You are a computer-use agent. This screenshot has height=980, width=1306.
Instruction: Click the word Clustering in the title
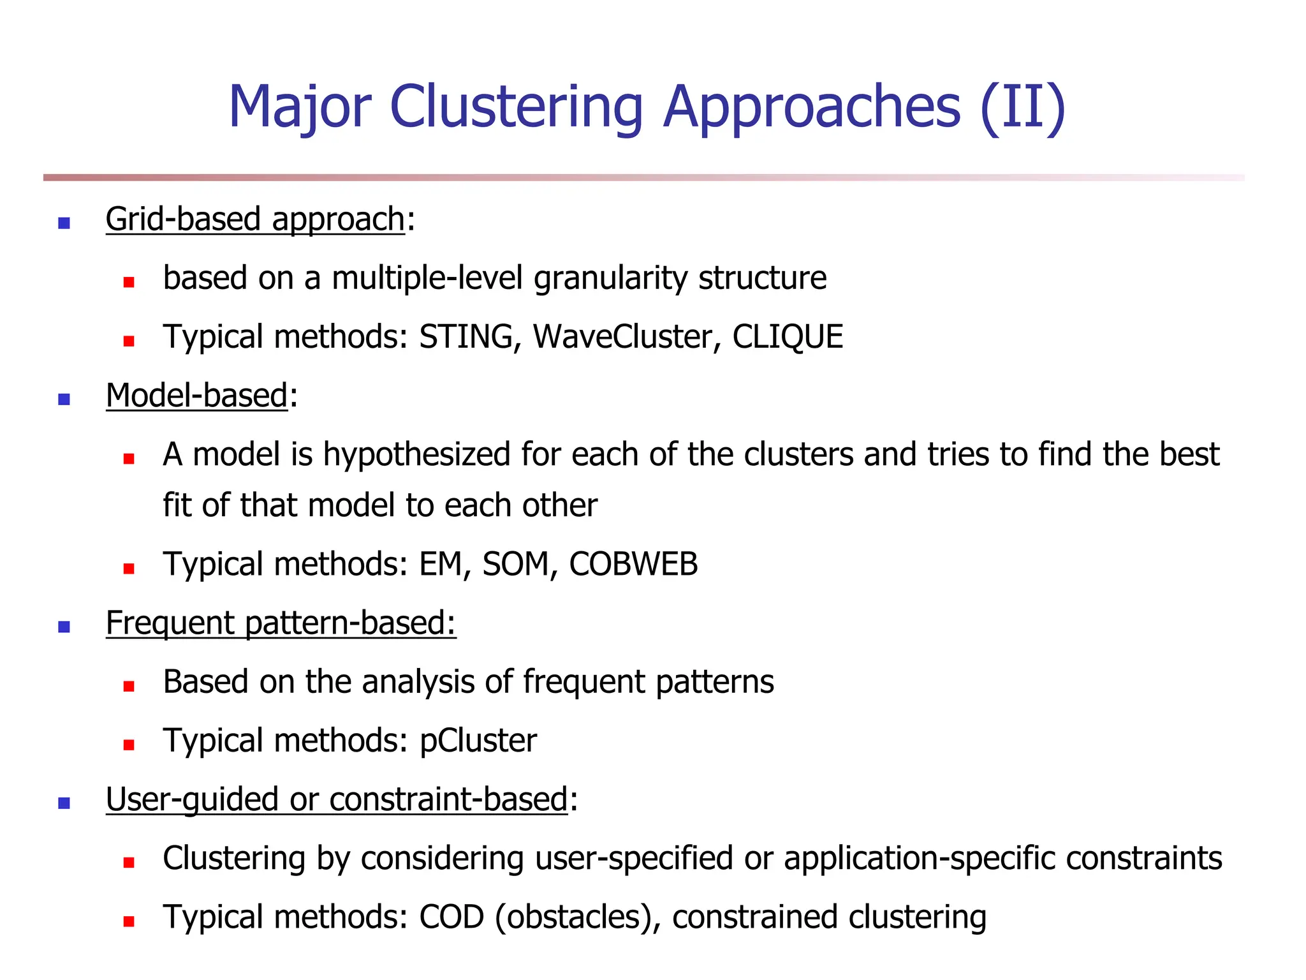(516, 107)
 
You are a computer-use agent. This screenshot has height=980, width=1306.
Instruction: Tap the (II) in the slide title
(1023, 107)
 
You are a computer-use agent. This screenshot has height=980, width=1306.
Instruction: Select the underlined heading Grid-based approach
(255, 219)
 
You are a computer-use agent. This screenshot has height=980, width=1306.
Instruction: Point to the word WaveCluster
(622, 337)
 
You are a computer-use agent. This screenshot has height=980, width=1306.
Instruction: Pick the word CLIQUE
(788, 337)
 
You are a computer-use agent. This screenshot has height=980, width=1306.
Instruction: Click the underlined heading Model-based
(197, 396)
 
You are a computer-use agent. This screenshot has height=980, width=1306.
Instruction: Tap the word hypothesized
(416, 455)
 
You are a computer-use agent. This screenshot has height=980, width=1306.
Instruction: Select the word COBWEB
(633, 565)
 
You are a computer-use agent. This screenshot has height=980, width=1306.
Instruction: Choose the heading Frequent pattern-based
(281, 623)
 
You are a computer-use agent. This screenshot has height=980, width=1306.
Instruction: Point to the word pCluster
(478, 741)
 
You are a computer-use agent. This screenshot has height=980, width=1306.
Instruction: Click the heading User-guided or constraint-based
(337, 799)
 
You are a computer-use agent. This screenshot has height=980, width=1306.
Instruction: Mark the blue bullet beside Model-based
(64, 399)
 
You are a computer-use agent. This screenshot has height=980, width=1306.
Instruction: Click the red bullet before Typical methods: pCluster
(129, 745)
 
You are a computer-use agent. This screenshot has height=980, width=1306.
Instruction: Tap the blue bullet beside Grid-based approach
(64, 223)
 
